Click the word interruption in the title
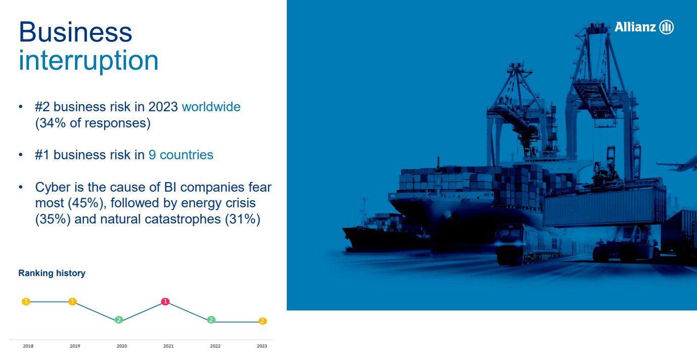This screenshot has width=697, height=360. tap(89, 60)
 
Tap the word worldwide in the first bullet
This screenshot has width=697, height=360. tap(211, 107)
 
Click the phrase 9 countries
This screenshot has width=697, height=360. tap(181, 155)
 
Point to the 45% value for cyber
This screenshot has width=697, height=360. tap(85, 203)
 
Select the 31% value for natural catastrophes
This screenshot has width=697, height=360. tap(242, 219)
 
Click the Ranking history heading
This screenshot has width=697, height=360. tap(52, 273)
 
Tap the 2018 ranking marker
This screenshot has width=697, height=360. tap(26, 301)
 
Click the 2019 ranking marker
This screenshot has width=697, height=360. tap(72, 301)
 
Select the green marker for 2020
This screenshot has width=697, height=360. tap(118, 320)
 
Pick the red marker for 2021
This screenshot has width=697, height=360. tap(165, 301)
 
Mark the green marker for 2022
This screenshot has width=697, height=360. tap(211, 320)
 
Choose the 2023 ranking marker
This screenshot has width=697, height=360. tap(263, 321)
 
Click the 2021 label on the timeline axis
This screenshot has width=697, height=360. tap(168, 346)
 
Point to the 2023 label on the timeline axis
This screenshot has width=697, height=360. tap(262, 346)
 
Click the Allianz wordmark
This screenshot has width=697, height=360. tap(635, 27)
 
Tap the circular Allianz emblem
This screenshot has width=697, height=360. tap(667, 27)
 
